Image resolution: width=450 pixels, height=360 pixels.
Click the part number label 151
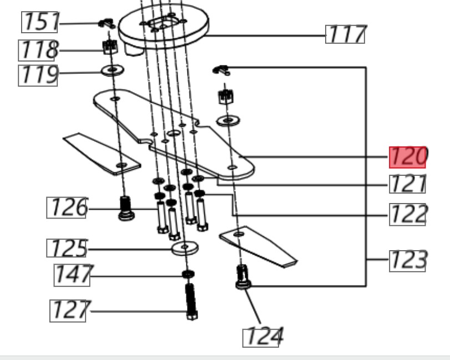point(39,22)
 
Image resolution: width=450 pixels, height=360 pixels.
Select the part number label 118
point(38,50)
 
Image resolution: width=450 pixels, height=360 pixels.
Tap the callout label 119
point(38,75)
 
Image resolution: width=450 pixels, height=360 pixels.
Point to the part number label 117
point(345,34)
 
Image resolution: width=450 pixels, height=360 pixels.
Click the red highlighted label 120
point(407,157)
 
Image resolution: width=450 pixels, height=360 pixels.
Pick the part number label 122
point(407,215)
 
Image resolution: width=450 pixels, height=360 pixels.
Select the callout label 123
point(407,261)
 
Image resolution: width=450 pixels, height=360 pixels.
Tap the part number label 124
point(262,337)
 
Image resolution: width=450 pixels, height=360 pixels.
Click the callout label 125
point(67,248)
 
